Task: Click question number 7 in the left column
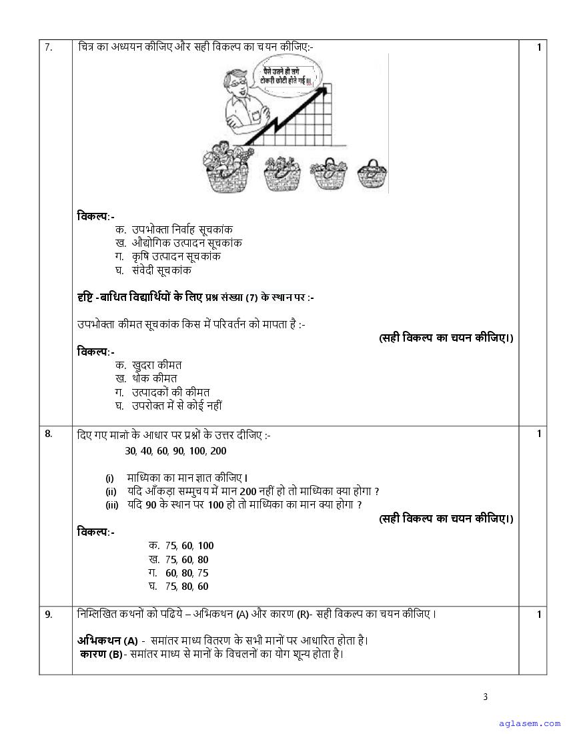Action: click(x=48, y=47)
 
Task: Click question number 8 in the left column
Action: click(x=48, y=434)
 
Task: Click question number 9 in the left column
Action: click(x=48, y=615)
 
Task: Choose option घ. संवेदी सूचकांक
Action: click(x=153, y=270)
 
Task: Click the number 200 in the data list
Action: click(x=218, y=450)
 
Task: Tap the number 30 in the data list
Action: click(x=130, y=450)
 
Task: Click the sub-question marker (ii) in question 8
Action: click(x=111, y=492)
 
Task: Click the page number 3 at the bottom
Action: click(x=486, y=697)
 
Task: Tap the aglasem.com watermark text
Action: click(x=530, y=723)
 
